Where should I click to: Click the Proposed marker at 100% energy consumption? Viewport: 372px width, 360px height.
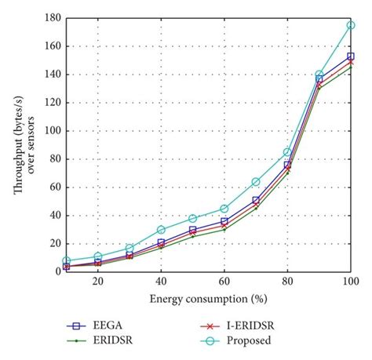(350, 25)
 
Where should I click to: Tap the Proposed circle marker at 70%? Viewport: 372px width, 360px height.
(256, 182)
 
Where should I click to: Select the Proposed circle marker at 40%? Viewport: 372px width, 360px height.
(161, 230)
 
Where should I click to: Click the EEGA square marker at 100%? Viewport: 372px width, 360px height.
(350, 56)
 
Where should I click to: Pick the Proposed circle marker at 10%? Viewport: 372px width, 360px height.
(67, 260)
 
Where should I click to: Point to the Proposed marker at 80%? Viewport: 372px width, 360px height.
(287, 152)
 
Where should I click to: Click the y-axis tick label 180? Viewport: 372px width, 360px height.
(52, 18)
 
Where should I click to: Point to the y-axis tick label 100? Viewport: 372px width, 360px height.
(52, 131)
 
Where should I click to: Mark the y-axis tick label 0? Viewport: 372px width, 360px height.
(57, 271)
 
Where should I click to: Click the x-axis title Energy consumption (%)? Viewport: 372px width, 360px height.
(208, 299)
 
